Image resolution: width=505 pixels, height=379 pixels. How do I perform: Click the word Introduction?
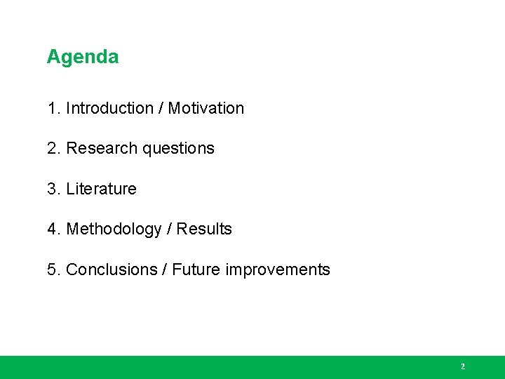pyautogui.click(x=109, y=108)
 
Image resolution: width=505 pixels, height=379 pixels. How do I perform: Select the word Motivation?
pyautogui.click(x=206, y=108)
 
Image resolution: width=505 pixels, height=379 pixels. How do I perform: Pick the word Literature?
pyautogui.click(x=101, y=189)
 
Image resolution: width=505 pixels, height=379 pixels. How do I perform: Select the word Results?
pyautogui.click(x=204, y=229)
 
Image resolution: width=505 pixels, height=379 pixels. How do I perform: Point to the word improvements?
pyautogui.click(x=278, y=270)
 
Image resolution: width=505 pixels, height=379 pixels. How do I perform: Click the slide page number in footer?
pyautogui.click(x=462, y=366)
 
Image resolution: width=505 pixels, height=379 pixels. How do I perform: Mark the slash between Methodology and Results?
pyautogui.click(x=169, y=229)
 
